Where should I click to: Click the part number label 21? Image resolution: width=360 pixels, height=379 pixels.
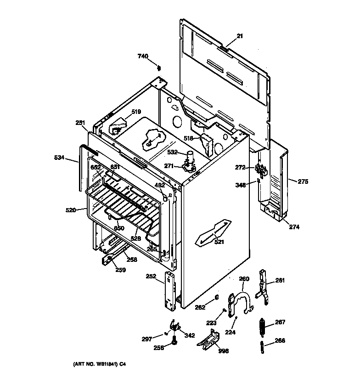point(240,36)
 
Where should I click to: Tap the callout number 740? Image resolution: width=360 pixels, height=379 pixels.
point(143,56)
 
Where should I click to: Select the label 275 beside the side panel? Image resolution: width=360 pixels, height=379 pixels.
point(303,181)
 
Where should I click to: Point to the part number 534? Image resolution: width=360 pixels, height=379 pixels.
point(60,158)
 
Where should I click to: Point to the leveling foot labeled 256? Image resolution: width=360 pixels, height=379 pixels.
point(174,342)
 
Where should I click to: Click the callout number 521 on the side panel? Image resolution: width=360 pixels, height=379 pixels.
point(219,242)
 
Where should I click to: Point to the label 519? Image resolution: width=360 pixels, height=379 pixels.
point(136,112)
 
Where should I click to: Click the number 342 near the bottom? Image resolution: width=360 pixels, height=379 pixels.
point(189,336)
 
